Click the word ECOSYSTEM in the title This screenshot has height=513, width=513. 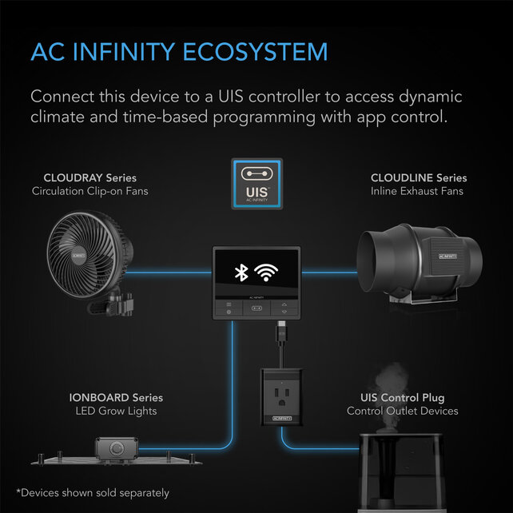click(x=255, y=52)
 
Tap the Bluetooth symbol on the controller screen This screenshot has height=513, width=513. click(x=241, y=272)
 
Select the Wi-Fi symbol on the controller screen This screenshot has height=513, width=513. click(x=266, y=272)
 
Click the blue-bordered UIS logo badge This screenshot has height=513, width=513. click(x=257, y=184)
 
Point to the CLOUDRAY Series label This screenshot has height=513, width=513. click(x=90, y=178)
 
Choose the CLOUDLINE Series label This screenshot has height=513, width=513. click(x=419, y=178)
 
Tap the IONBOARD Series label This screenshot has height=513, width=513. click(x=116, y=398)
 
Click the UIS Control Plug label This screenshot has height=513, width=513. click(x=403, y=398)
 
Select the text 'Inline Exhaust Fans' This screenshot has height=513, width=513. click(x=417, y=191)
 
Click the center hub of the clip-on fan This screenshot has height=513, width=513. click(x=79, y=254)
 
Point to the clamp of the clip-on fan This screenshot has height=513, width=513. click(x=113, y=302)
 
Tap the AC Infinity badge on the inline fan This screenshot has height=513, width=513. click(x=447, y=256)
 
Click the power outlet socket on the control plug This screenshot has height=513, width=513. click(x=281, y=396)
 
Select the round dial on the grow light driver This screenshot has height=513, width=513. click(x=117, y=448)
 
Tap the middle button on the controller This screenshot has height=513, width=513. click(x=256, y=308)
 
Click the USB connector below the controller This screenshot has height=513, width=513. click(x=281, y=331)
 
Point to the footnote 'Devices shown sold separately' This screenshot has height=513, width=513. click(x=93, y=493)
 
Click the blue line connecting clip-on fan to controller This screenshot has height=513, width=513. click(x=169, y=272)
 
